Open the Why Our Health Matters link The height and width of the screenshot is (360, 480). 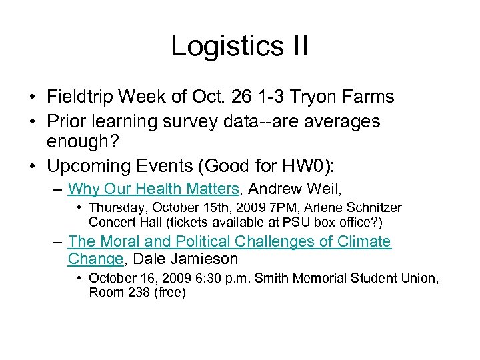pos(153,189)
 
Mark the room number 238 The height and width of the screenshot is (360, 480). pos(134,292)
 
